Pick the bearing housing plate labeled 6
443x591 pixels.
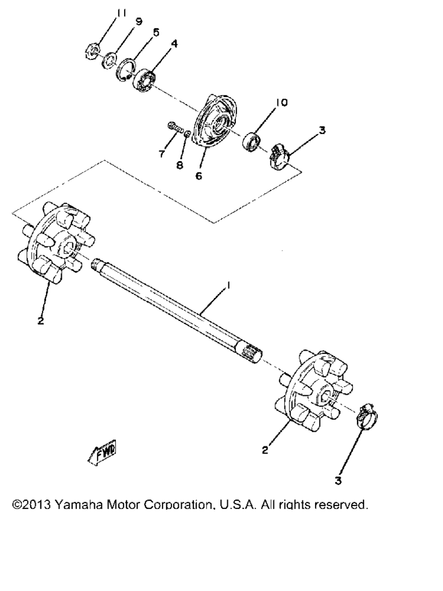click(x=215, y=121)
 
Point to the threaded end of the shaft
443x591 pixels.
click(x=97, y=263)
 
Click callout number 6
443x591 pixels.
click(x=198, y=176)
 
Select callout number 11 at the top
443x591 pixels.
click(x=121, y=13)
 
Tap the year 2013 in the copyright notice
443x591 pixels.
click(x=37, y=504)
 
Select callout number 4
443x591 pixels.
click(x=174, y=44)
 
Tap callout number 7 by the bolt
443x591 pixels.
click(x=162, y=154)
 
